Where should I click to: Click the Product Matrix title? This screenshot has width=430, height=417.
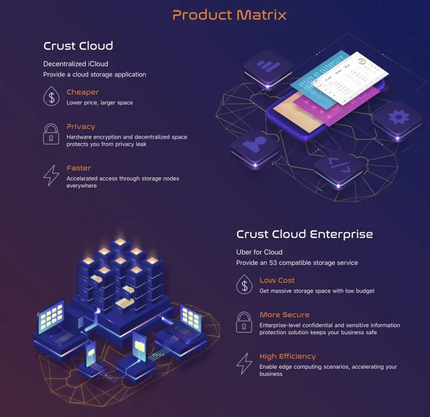click(x=229, y=15)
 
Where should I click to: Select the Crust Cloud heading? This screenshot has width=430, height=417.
click(x=78, y=46)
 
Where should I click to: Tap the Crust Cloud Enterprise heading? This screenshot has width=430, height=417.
click(x=305, y=234)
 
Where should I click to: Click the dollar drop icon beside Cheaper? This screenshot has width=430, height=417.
click(x=52, y=96)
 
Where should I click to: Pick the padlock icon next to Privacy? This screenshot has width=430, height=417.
click(x=51, y=134)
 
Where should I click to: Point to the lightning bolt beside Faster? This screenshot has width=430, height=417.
click(x=52, y=175)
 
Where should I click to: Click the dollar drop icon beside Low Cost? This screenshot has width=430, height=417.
click(x=244, y=284)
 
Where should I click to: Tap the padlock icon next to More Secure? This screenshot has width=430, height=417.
click(x=244, y=322)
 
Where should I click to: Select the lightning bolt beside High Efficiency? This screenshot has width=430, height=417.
click(x=244, y=363)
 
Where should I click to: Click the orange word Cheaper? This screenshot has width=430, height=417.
click(x=82, y=92)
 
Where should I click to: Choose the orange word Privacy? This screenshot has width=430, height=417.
click(x=81, y=126)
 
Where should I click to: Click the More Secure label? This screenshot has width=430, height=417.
click(x=284, y=315)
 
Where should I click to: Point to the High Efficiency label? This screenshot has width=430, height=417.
click(x=288, y=356)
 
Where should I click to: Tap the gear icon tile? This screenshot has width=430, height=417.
click(x=398, y=120)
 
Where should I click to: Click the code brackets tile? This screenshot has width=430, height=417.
click(x=339, y=167)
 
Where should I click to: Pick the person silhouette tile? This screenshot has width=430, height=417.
click(x=255, y=148)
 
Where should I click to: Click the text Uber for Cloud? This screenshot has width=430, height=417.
click(x=259, y=252)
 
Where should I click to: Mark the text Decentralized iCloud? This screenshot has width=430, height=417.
click(x=76, y=64)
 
